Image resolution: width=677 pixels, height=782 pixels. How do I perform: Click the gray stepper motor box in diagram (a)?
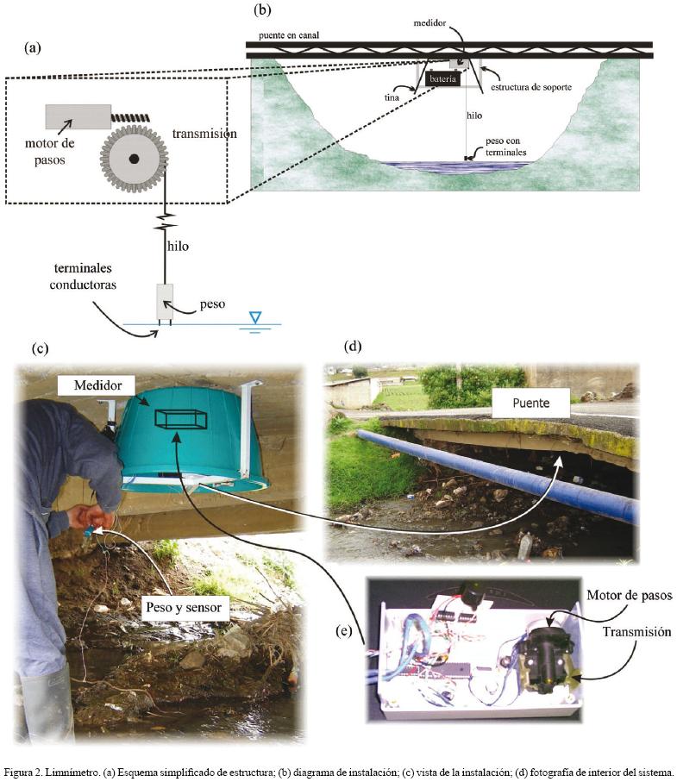coord(78,116)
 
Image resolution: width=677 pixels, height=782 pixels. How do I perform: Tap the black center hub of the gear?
coord(134,160)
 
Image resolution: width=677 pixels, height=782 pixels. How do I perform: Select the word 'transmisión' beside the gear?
coord(204,134)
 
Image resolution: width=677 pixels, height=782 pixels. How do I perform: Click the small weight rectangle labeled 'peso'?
coord(165,302)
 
